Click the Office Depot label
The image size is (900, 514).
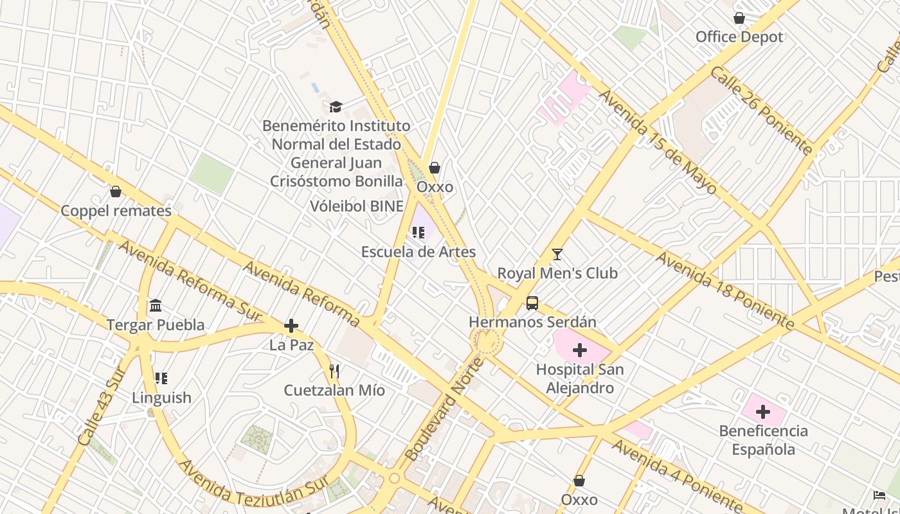(x=739, y=37)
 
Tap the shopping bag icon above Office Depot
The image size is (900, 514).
(x=739, y=19)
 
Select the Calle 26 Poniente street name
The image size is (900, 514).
(x=761, y=111)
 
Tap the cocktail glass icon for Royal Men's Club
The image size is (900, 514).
(x=557, y=254)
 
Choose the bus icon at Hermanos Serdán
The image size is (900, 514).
(x=532, y=303)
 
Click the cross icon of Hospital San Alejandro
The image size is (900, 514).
(x=580, y=350)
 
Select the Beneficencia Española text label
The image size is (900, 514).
(x=763, y=439)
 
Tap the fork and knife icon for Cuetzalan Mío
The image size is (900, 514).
(x=334, y=371)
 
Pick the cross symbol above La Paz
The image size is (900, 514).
(x=291, y=326)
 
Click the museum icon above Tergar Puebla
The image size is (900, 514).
(x=156, y=306)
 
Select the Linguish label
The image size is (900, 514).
(x=161, y=398)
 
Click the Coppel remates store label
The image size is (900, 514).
(x=116, y=211)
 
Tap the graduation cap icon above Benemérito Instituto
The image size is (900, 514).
(x=336, y=107)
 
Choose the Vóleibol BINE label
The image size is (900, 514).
(x=357, y=206)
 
